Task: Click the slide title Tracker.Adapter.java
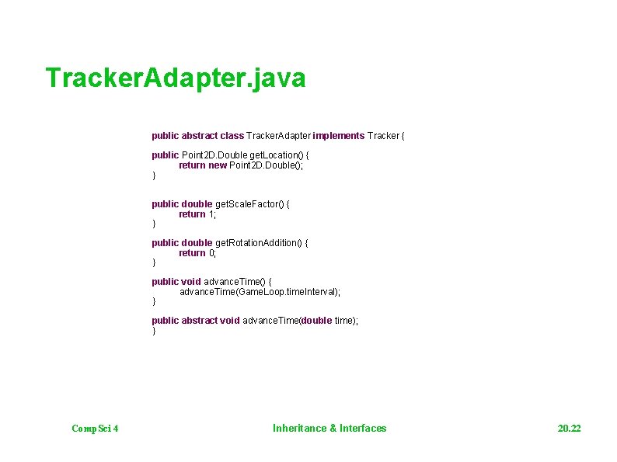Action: tap(176, 78)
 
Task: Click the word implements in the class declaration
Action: tap(338, 136)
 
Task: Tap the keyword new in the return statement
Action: tap(218, 165)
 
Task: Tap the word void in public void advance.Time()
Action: tap(191, 282)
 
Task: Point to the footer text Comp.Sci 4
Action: tap(94, 429)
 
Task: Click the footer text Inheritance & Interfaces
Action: tap(329, 428)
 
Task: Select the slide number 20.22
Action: tap(569, 429)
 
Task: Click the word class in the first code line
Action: tap(232, 136)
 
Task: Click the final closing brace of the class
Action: tap(154, 331)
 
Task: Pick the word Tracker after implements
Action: tap(383, 136)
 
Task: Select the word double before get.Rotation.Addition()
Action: tap(197, 243)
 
